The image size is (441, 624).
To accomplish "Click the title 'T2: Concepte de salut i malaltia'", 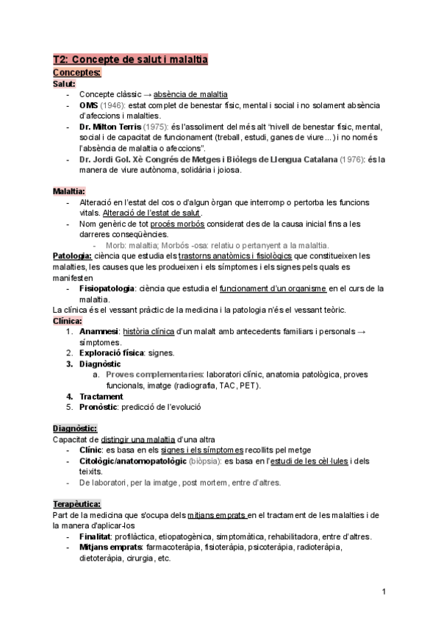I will point(131,60).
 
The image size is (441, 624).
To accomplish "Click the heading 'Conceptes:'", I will point(77,72).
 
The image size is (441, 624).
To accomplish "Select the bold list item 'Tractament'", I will point(101,396).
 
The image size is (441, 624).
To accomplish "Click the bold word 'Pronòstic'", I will point(99,406).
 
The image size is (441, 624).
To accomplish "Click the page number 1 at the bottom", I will point(384,592).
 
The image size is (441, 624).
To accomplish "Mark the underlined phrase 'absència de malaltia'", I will point(190,94).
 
